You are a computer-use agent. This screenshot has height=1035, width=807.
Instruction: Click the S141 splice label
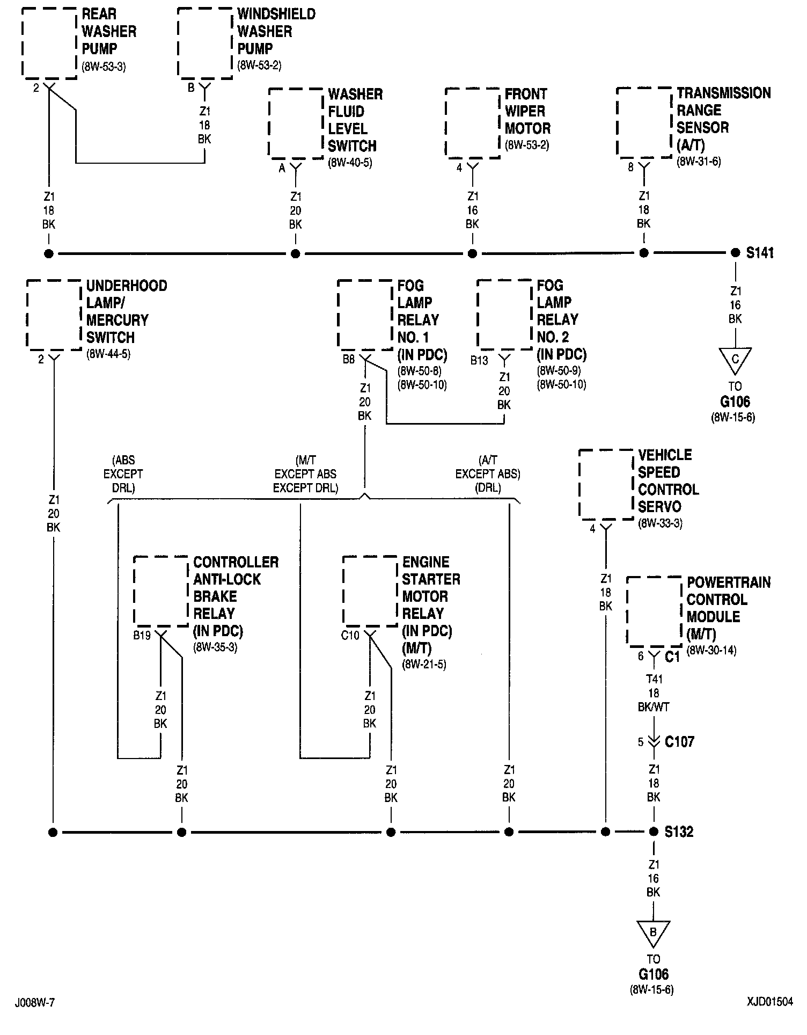[x=760, y=253]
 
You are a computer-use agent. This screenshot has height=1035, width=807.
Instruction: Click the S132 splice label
[x=679, y=832]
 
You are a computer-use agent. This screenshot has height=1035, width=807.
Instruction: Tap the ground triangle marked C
[x=735, y=360]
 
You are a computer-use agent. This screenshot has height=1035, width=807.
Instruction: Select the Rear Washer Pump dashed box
[x=49, y=43]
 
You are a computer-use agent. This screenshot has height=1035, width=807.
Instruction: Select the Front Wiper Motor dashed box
[x=472, y=123]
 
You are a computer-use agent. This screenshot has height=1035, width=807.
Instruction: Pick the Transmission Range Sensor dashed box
[x=644, y=123]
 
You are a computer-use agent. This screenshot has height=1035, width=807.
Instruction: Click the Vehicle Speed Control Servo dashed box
[x=606, y=484]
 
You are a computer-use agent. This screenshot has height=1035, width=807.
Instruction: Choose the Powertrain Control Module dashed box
[x=654, y=611]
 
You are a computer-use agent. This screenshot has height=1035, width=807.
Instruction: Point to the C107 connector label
[x=679, y=741]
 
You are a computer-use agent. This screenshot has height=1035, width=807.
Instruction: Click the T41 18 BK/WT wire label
[x=654, y=693]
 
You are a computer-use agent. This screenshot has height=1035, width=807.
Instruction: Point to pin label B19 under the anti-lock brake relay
[x=142, y=636]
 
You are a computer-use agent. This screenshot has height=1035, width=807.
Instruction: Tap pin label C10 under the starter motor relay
[x=350, y=636]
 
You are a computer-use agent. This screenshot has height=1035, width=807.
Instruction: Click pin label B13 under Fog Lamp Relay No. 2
[x=479, y=360]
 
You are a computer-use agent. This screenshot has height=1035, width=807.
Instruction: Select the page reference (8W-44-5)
[x=108, y=354]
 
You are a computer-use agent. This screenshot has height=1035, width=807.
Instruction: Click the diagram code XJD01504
[x=769, y=1002]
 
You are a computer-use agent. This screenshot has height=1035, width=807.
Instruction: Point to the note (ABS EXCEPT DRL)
[x=123, y=474]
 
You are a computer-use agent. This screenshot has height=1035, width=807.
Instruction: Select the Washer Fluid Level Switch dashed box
[x=295, y=123]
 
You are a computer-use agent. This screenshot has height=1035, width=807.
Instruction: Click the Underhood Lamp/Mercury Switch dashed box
[x=54, y=315]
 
